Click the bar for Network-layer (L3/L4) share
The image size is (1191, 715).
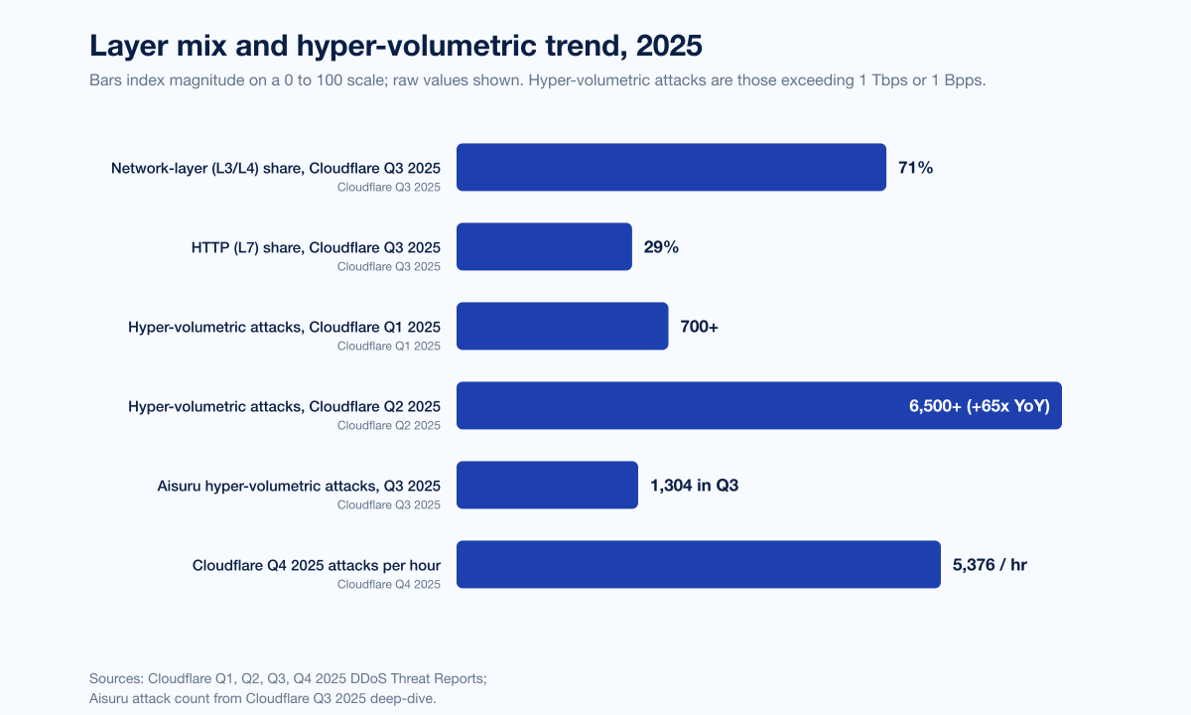click(x=671, y=167)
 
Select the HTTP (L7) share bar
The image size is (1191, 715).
click(x=545, y=246)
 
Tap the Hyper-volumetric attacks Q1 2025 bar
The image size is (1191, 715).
click(x=563, y=326)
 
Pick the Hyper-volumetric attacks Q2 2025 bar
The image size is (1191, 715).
click(x=759, y=405)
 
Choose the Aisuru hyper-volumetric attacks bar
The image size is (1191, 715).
click(x=547, y=485)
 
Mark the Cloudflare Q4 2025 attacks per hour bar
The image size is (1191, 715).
click(x=699, y=564)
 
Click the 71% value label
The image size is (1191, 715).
click(x=915, y=168)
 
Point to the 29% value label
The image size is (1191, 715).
click(x=661, y=247)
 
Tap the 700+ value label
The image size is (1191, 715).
click(x=699, y=326)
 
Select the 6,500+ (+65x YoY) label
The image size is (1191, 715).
click(x=980, y=406)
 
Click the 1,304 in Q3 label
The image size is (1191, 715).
click(x=695, y=486)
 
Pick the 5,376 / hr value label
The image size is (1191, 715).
click(x=990, y=564)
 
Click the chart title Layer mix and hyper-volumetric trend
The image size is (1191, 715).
click(x=396, y=46)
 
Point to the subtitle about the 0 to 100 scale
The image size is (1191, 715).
click(x=538, y=80)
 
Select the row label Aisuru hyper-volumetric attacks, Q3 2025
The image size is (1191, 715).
click(x=299, y=486)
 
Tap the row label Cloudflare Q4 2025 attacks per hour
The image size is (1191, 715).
click(x=317, y=565)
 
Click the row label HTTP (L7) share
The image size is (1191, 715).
click(x=316, y=247)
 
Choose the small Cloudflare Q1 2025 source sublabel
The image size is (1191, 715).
click(x=389, y=346)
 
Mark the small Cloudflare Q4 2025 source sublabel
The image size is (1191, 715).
click(x=389, y=584)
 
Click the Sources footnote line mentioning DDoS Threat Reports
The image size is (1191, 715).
click(x=288, y=678)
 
